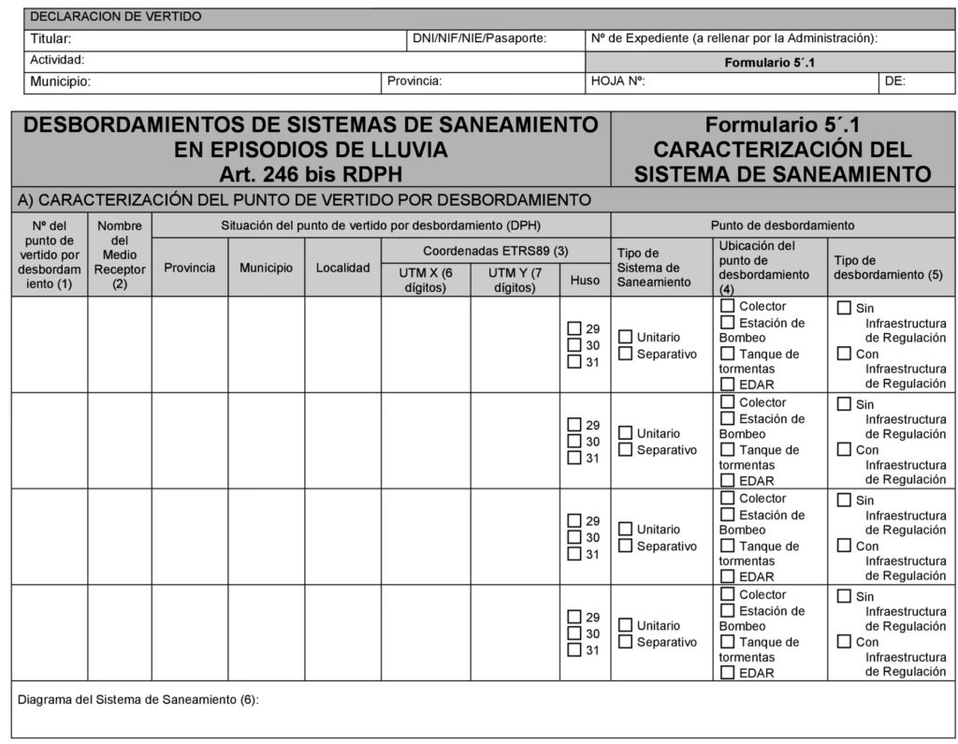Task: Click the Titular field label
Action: [51, 39]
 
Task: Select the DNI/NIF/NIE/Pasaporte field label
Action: [479, 39]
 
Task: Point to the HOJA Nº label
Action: [618, 81]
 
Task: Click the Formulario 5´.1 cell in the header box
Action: [770, 63]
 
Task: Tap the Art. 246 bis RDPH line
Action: [311, 173]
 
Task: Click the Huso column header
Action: [585, 280]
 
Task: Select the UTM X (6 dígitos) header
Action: [425, 280]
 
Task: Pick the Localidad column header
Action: [342, 268]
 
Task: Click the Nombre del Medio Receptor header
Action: [120, 255]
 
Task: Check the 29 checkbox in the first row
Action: [574, 328]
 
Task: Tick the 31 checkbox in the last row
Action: [574, 650]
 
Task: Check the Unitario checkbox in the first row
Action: [625, 337]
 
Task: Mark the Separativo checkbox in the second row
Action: [625, 450]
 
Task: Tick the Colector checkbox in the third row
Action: [727, 499]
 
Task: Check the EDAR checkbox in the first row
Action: [727, 384]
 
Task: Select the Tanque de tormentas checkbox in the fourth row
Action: [727, 642]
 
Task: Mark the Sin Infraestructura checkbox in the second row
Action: [844, 404]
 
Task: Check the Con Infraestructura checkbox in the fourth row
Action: [844, 642]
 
